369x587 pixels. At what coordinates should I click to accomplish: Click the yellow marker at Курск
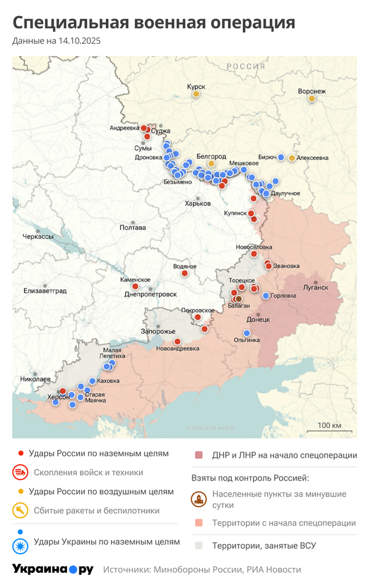(196, 94)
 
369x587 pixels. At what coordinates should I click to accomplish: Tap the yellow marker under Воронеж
(312, 98)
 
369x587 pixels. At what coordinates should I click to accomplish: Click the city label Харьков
(198, 204)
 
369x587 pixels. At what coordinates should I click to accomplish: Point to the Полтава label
(133, 228)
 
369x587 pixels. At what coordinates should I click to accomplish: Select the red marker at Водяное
(184, 273)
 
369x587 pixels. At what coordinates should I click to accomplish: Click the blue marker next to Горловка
(266, 296)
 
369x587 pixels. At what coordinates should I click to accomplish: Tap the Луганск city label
(316, 287)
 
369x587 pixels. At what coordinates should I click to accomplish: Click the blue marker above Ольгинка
(247, 333)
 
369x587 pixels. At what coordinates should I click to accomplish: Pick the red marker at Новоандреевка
(177, 341)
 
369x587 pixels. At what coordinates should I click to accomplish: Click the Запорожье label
(159, 332)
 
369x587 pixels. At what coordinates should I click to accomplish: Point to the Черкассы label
(38, 236)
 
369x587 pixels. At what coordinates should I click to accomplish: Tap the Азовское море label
(210, 428)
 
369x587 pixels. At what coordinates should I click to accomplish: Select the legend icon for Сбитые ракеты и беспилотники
(20, 510)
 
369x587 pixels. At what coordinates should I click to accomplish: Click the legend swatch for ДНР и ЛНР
(199, 455)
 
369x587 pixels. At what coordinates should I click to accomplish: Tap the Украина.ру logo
(52, 569)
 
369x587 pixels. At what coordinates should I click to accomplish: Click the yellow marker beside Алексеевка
(292, 158)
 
